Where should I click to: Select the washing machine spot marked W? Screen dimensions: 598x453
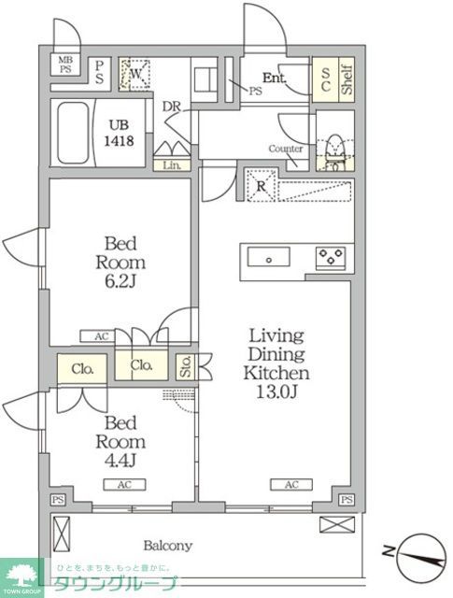[136, 74]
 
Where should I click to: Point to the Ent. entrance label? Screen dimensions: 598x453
[275, 78]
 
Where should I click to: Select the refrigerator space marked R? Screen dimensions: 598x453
[261, 185]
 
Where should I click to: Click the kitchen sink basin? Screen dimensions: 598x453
[268, 257]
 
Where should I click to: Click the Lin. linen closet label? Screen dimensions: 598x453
[172, 165]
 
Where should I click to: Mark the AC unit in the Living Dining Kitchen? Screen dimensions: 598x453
[290, 484]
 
